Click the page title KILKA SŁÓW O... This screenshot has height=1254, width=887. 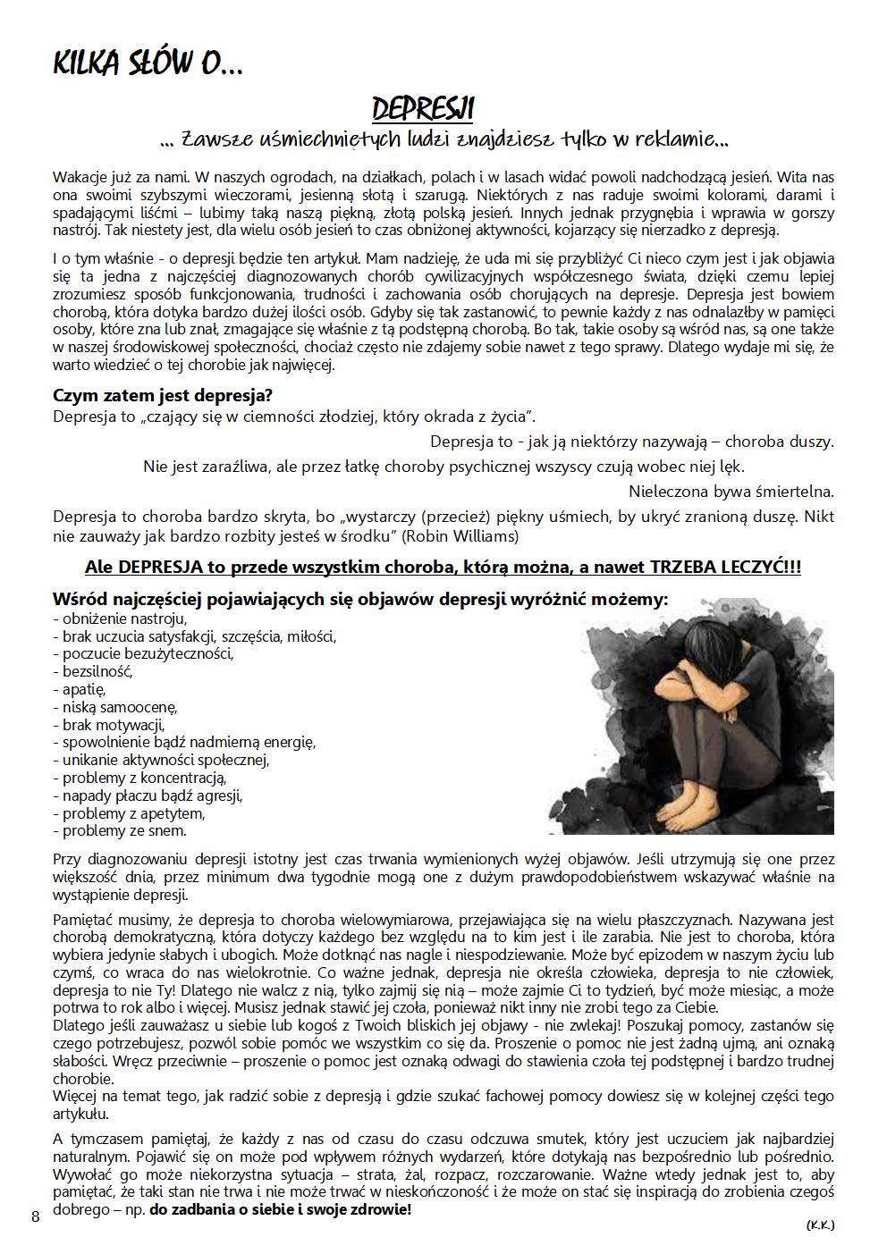(148, 63)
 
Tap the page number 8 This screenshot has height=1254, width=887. (35, 1216)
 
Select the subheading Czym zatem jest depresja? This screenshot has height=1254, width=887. (163, 394)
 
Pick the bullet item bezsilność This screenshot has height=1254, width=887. (97, 671)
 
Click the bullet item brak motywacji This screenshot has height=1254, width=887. (113, 725)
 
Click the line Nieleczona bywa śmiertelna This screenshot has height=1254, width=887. (731, 491)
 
